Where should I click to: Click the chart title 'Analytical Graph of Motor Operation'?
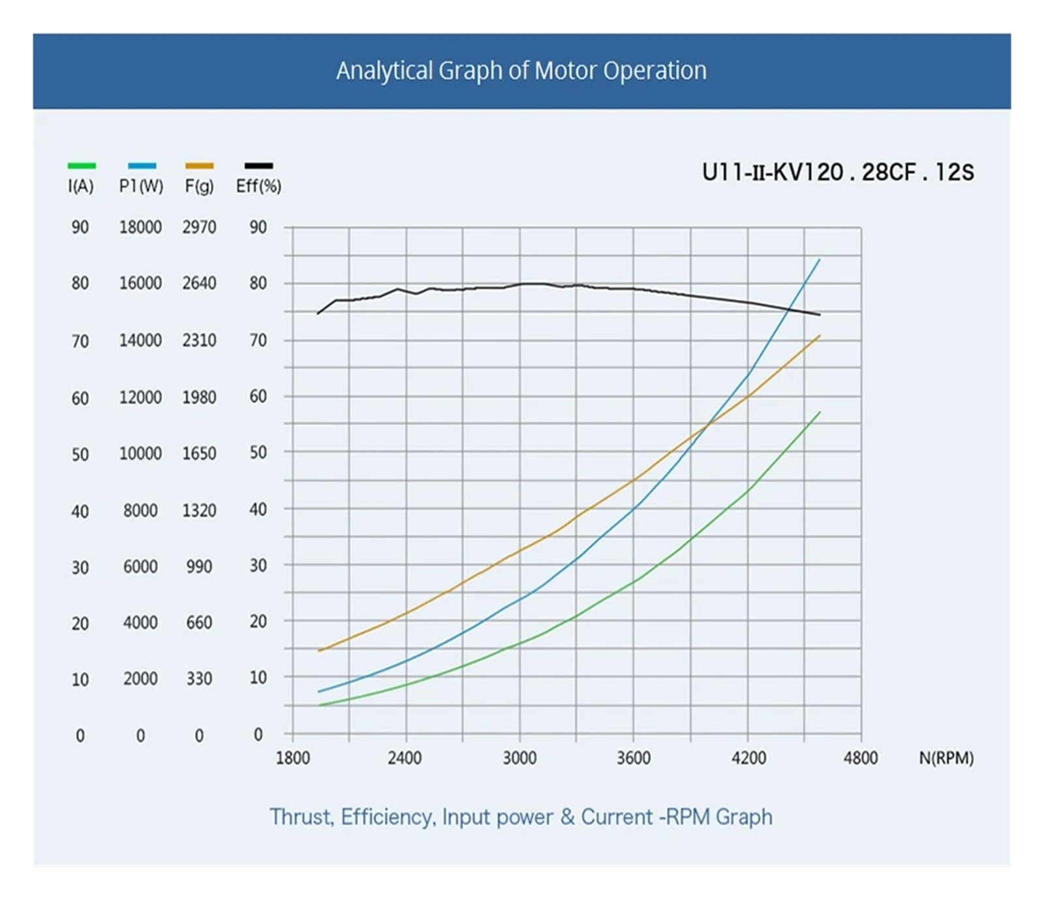click(x=521, y=70)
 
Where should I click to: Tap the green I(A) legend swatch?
click(x=82, y=166)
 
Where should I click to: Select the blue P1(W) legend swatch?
click(x=142, y=166)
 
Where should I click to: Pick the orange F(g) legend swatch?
click(x=199, y=166)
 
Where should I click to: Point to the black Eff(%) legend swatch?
click(x=258, y=166)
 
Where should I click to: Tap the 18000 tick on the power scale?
click(x=140, y=227)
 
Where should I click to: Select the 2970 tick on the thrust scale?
click(x=199, y=227)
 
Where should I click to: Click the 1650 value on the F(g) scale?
click(x=199, y=453)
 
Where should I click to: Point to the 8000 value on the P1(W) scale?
click(x=140, y=510)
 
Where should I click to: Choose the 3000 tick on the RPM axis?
click(x=519, y=758)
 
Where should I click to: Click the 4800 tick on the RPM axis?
click(x=860, y=758)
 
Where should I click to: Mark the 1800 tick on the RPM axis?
click(x=292, y=758)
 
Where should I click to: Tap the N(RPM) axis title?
click(x=946, y=758)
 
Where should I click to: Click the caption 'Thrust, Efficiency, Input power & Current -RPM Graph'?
click(x=521, y=817)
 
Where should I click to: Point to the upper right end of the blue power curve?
click(x=820, y=260)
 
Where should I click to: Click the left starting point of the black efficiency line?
click(x=318, y=314)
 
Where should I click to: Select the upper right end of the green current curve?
click(x=820, y=412)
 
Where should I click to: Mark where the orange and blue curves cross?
click(x=707, y=426)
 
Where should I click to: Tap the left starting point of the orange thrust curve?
click(x=318, y=651)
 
